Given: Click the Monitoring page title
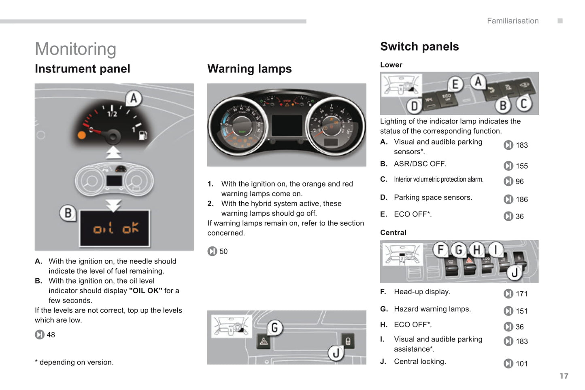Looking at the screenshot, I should click(76, 49).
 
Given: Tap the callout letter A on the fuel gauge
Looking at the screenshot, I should click(134, 98).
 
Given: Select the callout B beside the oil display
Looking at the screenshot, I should click(68, 213).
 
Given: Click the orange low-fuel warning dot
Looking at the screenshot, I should click(82, 135).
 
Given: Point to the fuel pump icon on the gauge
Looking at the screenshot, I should click(143, 135).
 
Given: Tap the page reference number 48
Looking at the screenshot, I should click(51, 335).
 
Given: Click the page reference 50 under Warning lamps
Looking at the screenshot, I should click(223, 252).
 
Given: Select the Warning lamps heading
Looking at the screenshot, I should click(249, 69).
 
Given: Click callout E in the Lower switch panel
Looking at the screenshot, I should click(455, 84).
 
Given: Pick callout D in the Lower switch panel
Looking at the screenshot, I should click(415, 106).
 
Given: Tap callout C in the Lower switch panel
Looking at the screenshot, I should click(523, 104).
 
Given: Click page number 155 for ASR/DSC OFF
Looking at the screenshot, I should click(521, 166).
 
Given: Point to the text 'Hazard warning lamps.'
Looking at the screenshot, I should click(432, 309).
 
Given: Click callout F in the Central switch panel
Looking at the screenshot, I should click(440, 250).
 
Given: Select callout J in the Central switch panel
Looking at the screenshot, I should click(514, 273).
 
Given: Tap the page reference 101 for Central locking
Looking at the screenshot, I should click(521, 364).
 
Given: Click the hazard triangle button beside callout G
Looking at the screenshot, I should click(264, 341).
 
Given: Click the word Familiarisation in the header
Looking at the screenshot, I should click(513, 21).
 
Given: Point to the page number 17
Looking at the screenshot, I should click(564, 376).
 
